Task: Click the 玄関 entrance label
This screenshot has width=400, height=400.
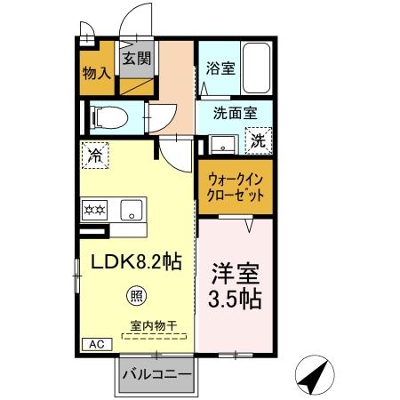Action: tap(136, 60)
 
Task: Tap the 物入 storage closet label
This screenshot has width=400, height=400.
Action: tap(96, 73)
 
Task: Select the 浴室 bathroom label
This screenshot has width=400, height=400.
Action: tap(220, 68)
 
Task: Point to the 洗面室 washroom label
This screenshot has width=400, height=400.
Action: tap(235, 114)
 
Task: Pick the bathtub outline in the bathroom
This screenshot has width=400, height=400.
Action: tap(257, 68)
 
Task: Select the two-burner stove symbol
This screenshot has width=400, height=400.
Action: tap(95, 211)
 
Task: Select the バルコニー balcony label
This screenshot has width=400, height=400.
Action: tap(156, 375)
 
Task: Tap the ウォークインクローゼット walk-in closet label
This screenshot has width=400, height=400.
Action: tap(235, 186)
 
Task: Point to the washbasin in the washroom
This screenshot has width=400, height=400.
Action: tap(221, 142)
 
